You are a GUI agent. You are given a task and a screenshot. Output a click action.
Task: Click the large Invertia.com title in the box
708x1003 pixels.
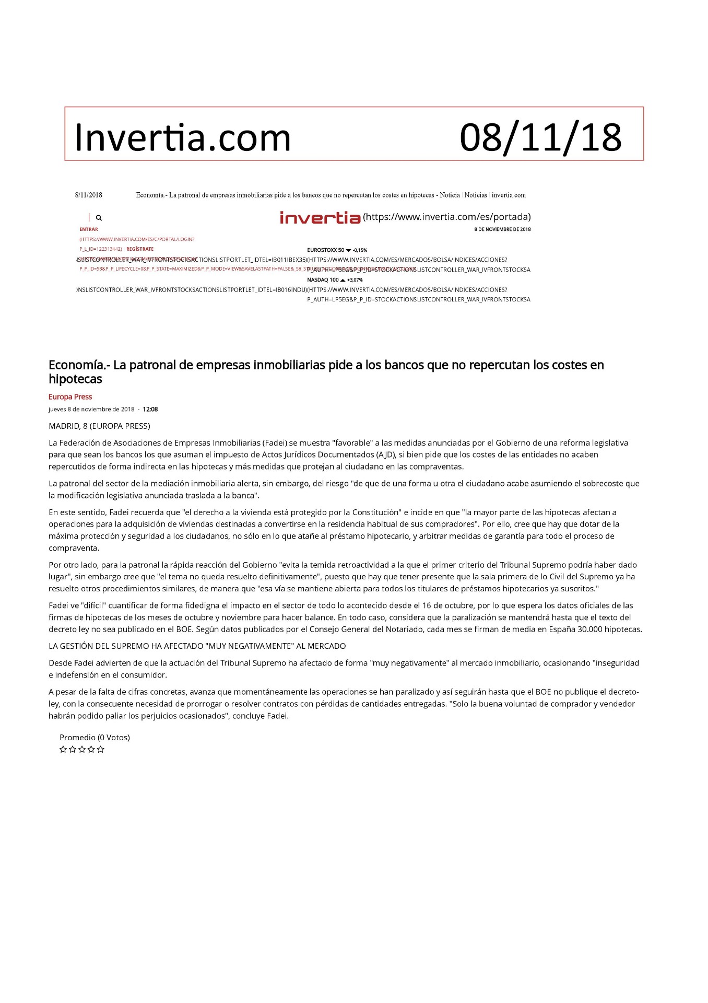182,137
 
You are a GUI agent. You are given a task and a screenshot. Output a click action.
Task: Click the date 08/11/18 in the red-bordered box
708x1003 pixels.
540,137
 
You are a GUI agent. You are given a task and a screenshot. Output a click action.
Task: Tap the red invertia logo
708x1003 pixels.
320,217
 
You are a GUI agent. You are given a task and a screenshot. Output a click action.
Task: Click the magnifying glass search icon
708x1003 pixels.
99,218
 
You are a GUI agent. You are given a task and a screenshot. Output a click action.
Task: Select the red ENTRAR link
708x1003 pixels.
89,229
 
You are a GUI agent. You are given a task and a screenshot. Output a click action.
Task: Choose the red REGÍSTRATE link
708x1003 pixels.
140,249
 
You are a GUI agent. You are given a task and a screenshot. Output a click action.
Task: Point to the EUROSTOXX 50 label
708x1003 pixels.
326,250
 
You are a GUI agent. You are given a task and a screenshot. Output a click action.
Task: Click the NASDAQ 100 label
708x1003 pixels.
323,280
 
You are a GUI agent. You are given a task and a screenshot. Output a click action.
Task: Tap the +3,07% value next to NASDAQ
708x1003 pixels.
355,280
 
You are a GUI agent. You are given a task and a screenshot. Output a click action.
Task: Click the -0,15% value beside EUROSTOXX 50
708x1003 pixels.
360,250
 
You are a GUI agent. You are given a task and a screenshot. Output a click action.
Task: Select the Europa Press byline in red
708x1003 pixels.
70,397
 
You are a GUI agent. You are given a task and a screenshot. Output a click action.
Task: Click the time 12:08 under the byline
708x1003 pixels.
150,410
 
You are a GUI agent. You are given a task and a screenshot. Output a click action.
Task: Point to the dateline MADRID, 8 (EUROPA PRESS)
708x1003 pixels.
99,426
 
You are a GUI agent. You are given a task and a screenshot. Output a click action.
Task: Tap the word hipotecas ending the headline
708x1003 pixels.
75,379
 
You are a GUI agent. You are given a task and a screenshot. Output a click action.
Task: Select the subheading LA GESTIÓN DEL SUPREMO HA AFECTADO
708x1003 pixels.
197,646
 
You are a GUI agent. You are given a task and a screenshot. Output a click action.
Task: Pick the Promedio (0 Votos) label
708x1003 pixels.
95,738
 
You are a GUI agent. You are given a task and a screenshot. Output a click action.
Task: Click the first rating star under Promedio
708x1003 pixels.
63,750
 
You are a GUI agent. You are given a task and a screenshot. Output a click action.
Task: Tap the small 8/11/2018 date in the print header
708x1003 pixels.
89,195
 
